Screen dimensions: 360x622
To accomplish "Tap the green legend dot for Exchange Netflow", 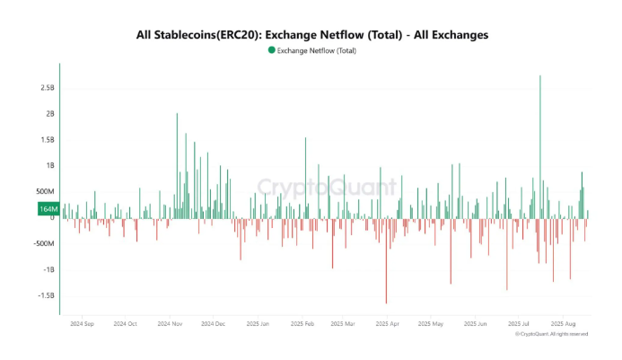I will (x=272, y=50).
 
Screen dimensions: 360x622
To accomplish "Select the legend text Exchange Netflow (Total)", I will (x=318, y=50).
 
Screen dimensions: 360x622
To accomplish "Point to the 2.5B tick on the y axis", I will (x=47, y=88).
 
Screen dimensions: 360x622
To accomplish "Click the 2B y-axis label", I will (x=49, y=114).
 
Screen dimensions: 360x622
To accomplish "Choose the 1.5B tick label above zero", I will (x=47, y=140).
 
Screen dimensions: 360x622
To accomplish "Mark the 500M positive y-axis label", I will (x=45, y=191).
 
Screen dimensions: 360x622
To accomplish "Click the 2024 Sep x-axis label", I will (x=82, y=323).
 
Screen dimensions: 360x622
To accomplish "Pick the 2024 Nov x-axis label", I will (x=170, y=323).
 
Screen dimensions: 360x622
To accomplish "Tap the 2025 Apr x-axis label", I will (x=388, y=323).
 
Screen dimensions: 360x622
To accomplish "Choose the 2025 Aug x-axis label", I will (x=564, y=323).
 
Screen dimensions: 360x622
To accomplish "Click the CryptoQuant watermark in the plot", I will (x=327, y=187).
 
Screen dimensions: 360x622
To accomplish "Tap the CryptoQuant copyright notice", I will (x=551, y=334).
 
